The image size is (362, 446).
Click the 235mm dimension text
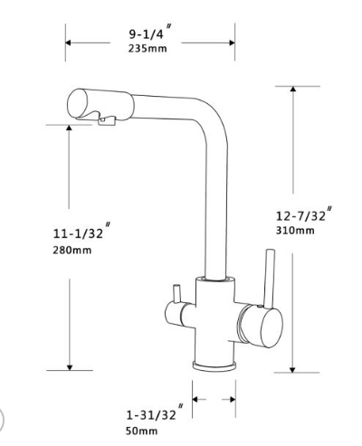(147, 48)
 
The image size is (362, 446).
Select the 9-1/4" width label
(148, 33)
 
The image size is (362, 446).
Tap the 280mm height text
(71, 250)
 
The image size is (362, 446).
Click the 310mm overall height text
(294, 231)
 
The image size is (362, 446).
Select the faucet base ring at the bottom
(215, 364)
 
